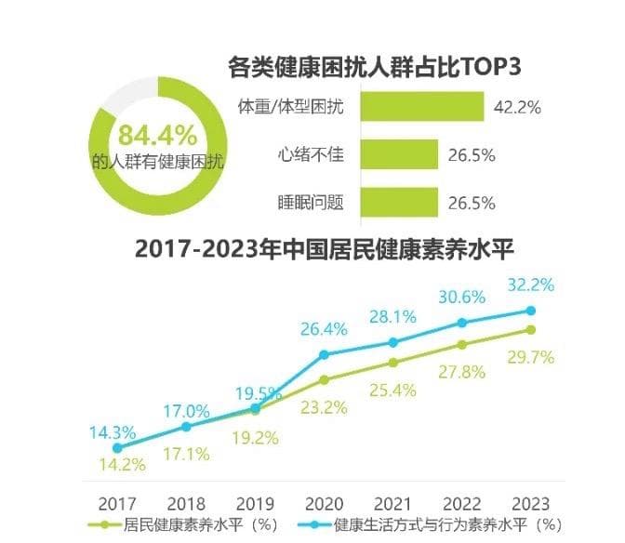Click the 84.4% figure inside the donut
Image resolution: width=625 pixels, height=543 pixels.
pos(157,132)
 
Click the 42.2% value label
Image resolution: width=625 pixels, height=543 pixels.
pos(518,107)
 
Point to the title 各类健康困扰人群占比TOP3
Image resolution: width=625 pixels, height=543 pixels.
pos(373,68)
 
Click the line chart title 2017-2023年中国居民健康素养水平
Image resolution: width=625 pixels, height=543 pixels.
pos(325,249)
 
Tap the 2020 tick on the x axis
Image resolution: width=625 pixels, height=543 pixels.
pos(324,501)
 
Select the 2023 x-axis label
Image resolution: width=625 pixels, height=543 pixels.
pos(531,501)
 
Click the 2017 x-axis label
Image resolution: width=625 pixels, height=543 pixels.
pos(117,501)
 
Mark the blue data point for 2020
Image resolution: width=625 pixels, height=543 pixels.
pos(324,354)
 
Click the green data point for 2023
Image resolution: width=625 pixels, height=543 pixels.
pos(531,329)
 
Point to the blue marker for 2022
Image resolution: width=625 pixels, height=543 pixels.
pos(461,323)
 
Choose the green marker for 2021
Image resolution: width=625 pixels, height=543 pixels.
pos(392,363)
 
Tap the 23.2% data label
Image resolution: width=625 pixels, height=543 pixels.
pos(325,405)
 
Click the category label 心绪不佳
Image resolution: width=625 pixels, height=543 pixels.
pos(311,154)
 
